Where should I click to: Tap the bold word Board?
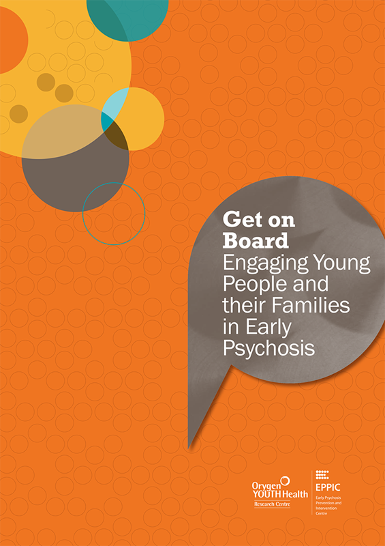(x=256, y=240)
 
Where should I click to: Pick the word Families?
(x=316, y=305)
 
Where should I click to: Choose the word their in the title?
(x=249, y=305)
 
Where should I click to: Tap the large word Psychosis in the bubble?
(x=268, y=347)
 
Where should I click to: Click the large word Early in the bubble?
(x=264, y=328)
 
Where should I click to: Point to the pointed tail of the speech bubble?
(x=189, y=448)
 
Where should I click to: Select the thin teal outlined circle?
(x=114, y=183)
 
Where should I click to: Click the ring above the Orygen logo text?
(x=286, y=480)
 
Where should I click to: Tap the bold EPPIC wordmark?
(x=328, y=487)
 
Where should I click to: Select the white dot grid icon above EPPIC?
(x=322, y=474)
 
